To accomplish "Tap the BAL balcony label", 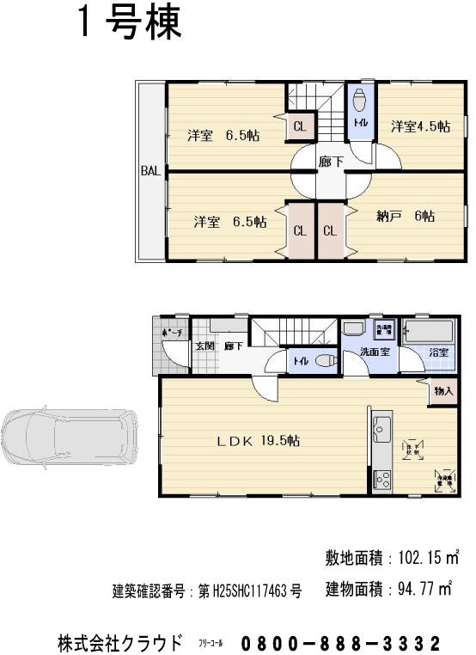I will point(150,171).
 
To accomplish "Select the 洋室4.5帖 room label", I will point(420,126).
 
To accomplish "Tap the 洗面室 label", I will point(376,352).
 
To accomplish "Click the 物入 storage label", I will point(442,391).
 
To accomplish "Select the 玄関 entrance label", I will point(204,346).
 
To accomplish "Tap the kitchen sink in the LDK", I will point(381,425).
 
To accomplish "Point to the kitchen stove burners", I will point(381,479).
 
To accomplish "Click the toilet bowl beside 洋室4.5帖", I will point(360,96).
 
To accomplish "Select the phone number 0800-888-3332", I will point(341,643).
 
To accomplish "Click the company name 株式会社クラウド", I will point(119,642).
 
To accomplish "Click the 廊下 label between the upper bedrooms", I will point(331,161).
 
